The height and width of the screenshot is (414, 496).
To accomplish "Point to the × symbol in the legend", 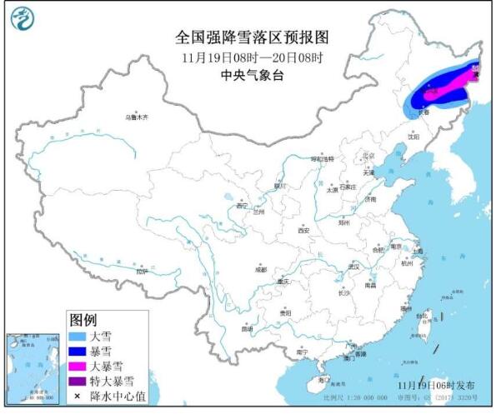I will click(x=77, y=396).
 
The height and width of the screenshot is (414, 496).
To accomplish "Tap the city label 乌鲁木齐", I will click(x=135, y=118).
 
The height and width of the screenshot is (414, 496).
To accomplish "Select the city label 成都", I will click(x=261, y=269).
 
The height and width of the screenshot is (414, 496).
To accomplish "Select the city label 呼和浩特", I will click(x=322, y=158).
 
